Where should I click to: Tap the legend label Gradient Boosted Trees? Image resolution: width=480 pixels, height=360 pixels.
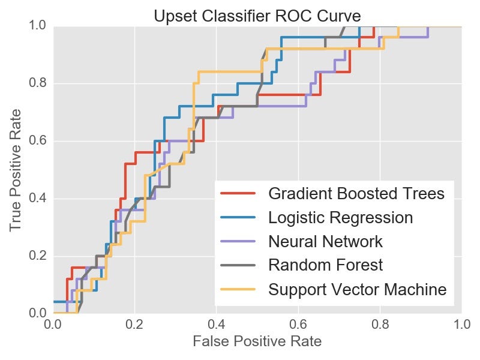356,194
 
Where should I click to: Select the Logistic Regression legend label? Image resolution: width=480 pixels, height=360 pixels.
341,218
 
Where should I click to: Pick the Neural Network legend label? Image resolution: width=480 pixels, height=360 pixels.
326,242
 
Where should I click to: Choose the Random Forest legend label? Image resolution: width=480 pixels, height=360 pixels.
326,265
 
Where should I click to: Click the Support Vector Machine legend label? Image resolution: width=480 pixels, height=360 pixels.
358,290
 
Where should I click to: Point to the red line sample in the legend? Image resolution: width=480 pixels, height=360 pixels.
239,194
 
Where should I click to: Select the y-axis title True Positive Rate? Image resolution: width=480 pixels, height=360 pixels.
16,170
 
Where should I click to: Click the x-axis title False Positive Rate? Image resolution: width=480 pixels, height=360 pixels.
257,342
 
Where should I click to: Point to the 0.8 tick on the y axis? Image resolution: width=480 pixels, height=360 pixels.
38,83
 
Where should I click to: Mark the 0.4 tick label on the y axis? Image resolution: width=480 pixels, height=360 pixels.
38,199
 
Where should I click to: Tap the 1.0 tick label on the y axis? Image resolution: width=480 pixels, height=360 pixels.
38,26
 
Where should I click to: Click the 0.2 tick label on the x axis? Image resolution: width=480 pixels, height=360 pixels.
134,325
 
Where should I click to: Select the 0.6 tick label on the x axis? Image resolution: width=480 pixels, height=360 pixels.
298,325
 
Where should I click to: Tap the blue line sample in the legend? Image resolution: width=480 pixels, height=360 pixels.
239,218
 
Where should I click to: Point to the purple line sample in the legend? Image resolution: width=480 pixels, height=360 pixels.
239,242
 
